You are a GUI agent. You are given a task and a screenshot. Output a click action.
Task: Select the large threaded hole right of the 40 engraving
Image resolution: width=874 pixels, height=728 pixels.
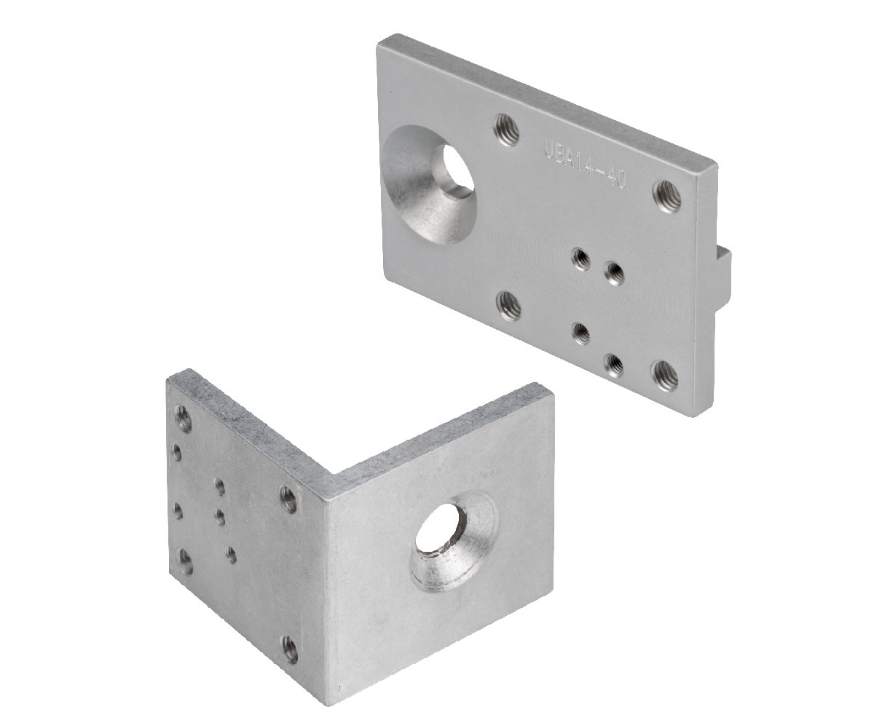(667, 196)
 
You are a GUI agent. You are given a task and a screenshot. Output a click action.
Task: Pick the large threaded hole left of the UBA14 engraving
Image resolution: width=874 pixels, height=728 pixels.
(507, 130)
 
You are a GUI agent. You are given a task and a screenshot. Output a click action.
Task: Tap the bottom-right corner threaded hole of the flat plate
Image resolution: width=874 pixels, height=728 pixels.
(664, 375)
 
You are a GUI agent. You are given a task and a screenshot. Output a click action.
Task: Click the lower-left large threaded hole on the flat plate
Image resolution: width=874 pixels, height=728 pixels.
(511, 306)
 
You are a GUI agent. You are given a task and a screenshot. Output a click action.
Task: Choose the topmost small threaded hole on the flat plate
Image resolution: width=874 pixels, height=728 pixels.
(581, 258)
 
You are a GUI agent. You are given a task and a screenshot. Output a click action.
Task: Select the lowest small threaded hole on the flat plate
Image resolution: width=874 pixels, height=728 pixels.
(614, 364)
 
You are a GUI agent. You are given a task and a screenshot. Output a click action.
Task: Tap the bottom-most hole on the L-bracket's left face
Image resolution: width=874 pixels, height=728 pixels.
(290, 648)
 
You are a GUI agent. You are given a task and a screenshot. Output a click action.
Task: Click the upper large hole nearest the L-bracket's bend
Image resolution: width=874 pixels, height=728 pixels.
(289, 499)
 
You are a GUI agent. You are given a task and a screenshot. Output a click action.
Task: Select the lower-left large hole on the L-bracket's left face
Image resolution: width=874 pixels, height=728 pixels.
(186, 561)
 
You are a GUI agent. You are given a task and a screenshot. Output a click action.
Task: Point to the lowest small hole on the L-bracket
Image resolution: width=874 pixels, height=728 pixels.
(231, 555)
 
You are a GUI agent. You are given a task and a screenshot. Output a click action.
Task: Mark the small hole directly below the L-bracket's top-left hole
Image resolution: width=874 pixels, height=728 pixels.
(177, 453)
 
